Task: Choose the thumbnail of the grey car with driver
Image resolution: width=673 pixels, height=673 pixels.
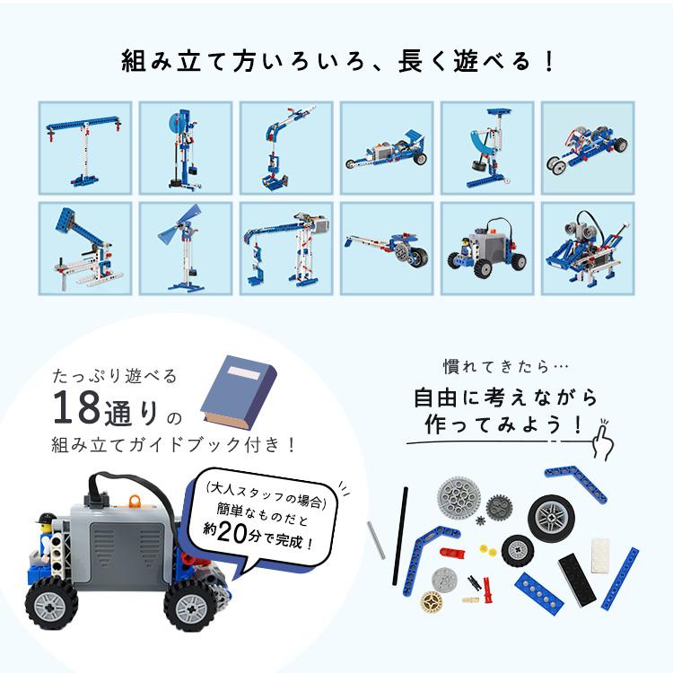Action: (x=488, y=248)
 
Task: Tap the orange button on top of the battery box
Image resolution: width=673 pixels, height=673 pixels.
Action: (x=135, y=498)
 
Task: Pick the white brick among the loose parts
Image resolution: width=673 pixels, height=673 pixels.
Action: (x=599, y=548)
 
